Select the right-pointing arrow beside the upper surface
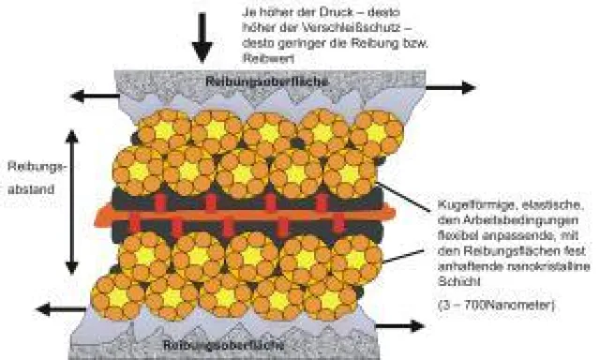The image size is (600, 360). point(450,87)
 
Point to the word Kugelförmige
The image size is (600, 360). point(466,203)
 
